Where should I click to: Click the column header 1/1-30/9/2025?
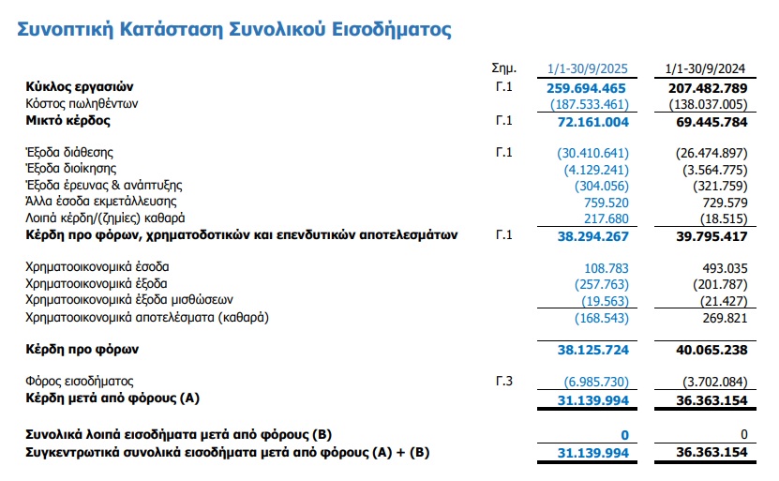point(587,68)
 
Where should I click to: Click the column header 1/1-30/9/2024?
point(705,68)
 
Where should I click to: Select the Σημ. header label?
point(505,68)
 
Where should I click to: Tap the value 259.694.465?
point(587,87)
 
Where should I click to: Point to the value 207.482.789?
point(705,87)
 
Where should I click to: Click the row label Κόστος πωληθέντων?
point(82,103)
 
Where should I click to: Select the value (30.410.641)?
point(592,152)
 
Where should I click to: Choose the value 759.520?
point(605,202)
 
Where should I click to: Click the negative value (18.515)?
point(719,218)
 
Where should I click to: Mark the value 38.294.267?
point(592,235)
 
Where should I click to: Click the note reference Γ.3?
point(505,382)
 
